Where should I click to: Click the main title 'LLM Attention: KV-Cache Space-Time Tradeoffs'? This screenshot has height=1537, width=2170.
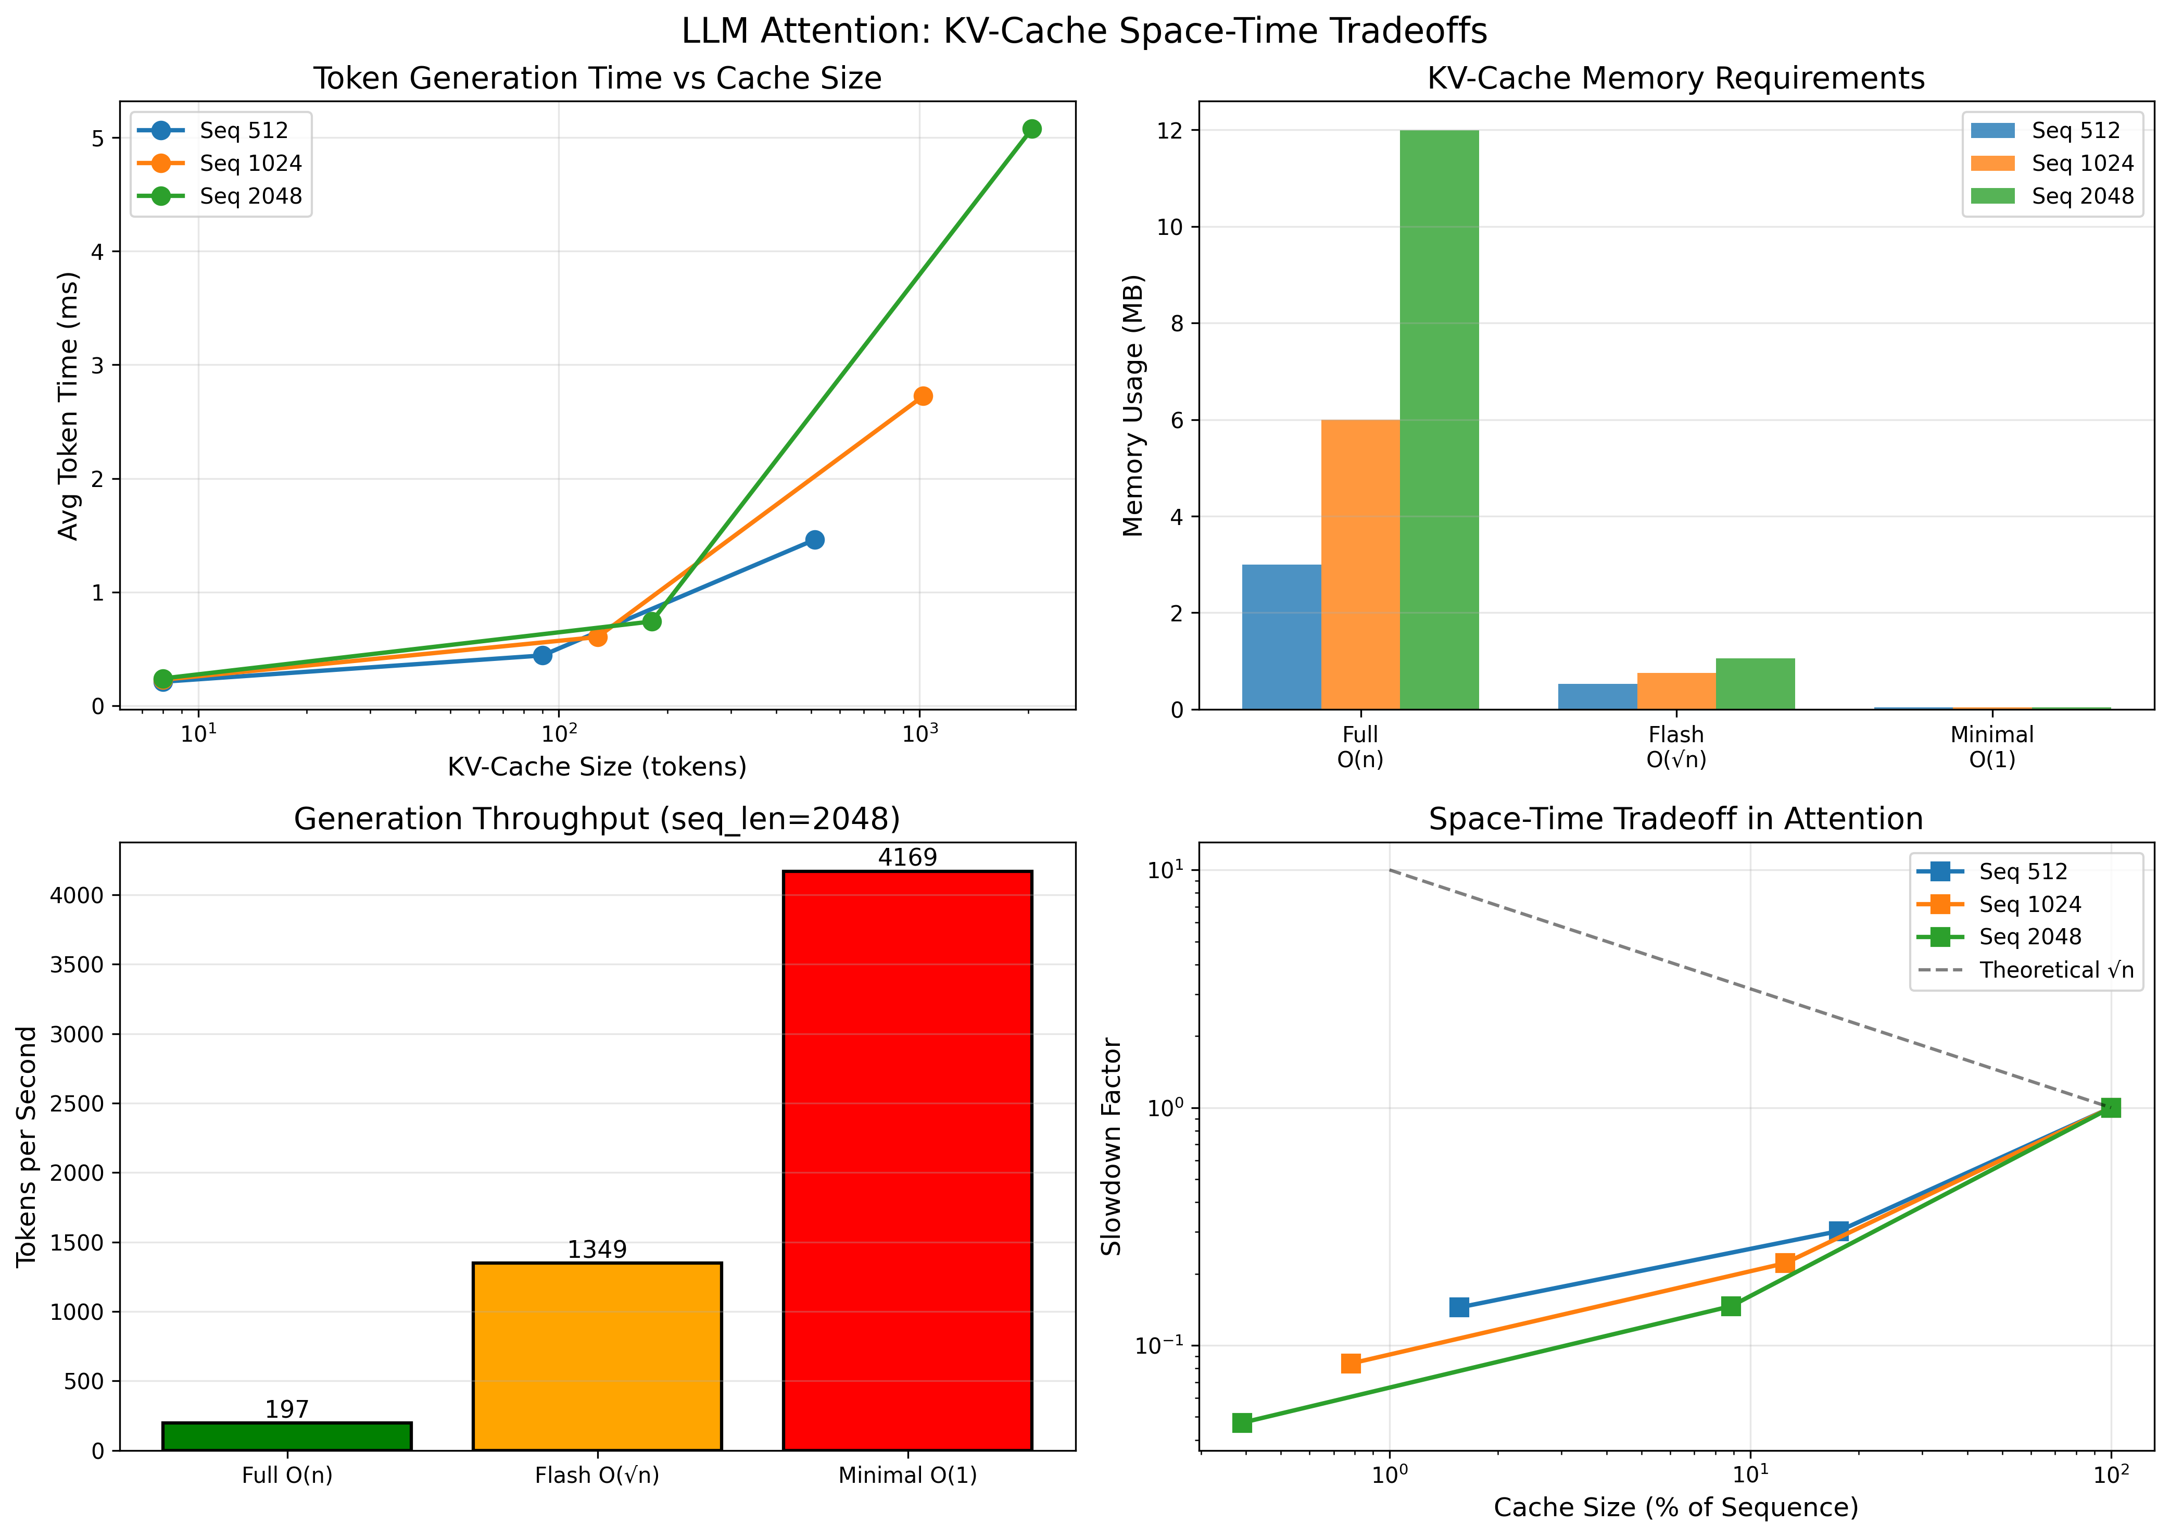pyautogui.click(x=1084, y=31)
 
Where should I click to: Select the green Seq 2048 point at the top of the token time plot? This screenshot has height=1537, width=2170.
pyautogui.click(x=1032, y=129)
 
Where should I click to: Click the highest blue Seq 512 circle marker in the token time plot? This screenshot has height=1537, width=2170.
pyautogui.click(x=814, y=540)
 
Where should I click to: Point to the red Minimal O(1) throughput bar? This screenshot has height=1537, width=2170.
pyautogui.click(x=907, y=1159)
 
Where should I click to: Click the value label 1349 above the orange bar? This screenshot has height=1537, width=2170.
pyautogui.click(x=597, y=1249)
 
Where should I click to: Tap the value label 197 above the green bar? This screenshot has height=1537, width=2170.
pyautogui.click(x=287, y=1409)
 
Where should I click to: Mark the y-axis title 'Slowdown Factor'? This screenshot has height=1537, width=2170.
pyautogui.click(x=1112, y=1146)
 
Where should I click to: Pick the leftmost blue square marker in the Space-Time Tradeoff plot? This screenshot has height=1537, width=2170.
pyautogui.click(x=1459, y=1307)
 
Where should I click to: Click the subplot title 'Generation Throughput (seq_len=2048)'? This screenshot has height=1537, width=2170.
pyautogui.click(x=597, y=819)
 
